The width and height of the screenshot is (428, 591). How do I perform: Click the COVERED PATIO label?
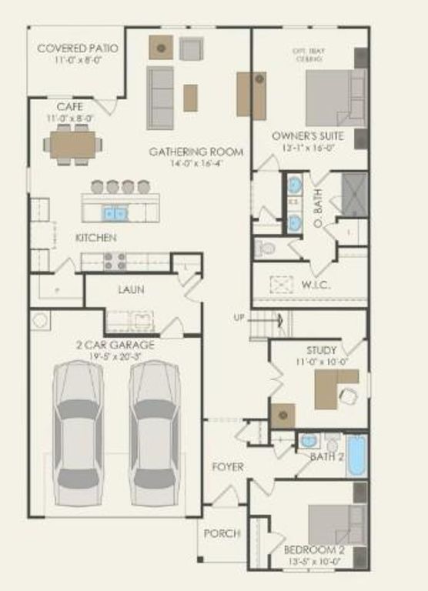click(75, 49)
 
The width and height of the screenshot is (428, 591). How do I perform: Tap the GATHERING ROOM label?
click(196, 152)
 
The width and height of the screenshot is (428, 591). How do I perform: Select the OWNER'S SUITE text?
click(305, 136)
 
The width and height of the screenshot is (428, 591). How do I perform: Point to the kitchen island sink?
click(115, 212)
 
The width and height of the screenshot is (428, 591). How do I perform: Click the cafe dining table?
click(74, 145)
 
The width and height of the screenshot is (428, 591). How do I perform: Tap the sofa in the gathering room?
click(159, 98)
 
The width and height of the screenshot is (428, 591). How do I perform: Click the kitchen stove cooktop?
click(115, 262)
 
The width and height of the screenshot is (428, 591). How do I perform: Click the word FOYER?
click(228, 467)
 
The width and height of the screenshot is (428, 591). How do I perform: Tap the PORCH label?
click(222, 533)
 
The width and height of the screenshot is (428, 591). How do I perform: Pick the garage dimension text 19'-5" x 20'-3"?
click(121, 357)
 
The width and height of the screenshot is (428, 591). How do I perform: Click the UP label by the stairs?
click(240, 317)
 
